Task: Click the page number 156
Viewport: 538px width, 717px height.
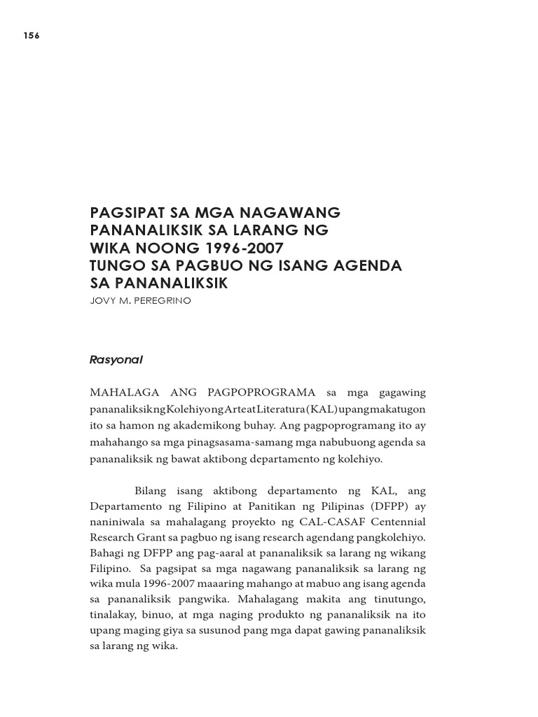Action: coord(31,37)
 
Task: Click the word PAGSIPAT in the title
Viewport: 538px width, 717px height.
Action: coord(125,211)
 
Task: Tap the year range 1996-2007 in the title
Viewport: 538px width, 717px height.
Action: coord(235,248)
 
